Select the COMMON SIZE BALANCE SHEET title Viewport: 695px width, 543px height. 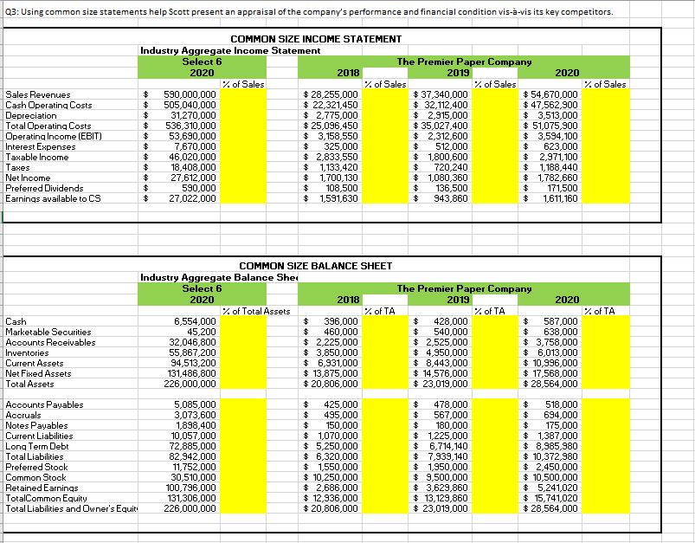315,266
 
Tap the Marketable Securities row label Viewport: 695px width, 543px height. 48,331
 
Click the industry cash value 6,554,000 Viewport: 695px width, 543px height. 195,321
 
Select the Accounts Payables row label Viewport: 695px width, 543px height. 44,405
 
